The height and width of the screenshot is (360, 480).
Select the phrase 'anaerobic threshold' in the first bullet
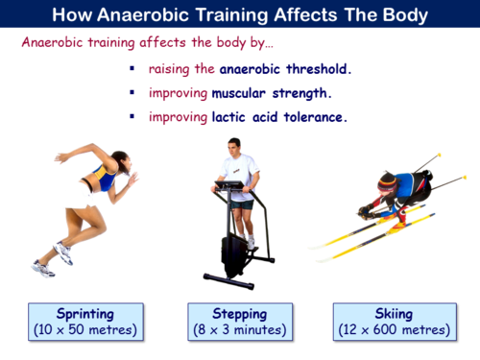[285, 69]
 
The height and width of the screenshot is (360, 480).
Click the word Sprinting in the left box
[85, 314]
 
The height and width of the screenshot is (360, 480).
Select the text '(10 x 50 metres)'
[85, 330]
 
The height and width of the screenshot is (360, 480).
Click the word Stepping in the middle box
[240, 314]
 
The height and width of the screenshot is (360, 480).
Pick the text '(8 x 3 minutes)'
[240, 330]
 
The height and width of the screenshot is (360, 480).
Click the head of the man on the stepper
[233, 146]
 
